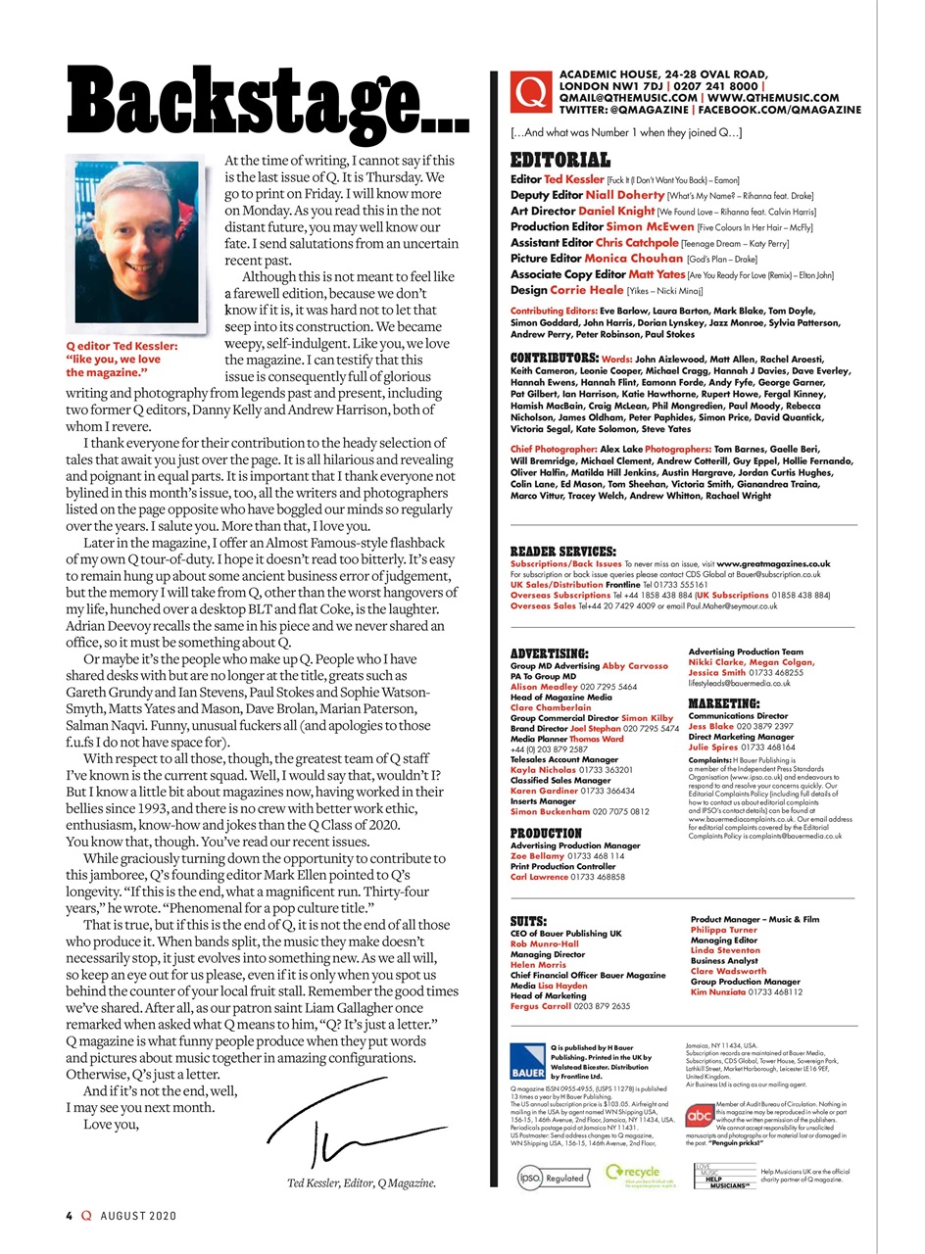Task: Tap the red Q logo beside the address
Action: (531, 93)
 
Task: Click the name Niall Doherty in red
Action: (624, 196)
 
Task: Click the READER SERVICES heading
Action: (562, 552)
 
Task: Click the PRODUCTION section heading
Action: (546, 834)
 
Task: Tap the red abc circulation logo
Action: (699, 1116)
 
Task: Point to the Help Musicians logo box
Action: (724, 1176)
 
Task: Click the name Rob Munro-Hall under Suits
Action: (545, 944)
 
